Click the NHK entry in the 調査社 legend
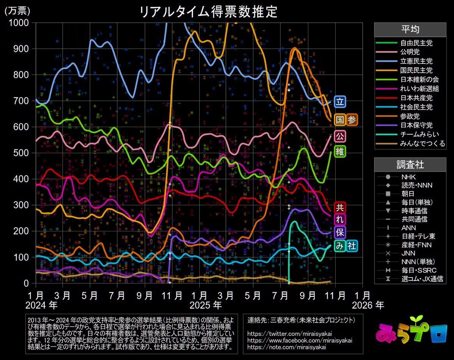(x=408, y=176)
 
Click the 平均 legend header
(x=410, y=29)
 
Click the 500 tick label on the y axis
(x=22, y=153)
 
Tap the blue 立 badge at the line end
(x=340, y=102)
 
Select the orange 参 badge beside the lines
(x=351, y=120)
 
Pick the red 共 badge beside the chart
(x=340, y=207)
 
